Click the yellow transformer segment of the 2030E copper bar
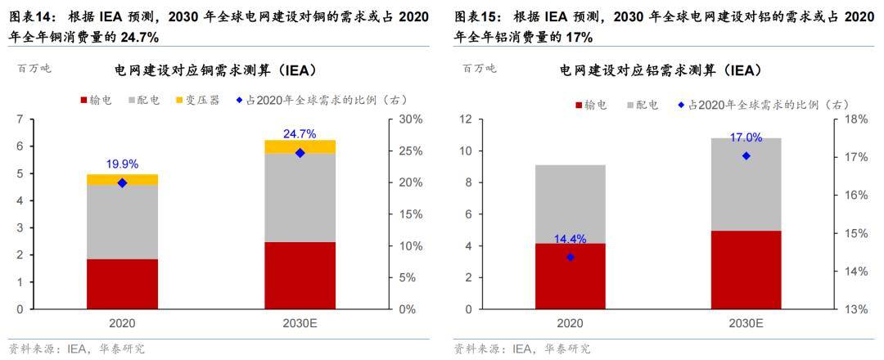[300, 146]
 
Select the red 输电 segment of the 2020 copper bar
[123, 284]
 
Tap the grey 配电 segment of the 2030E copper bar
[300, 197]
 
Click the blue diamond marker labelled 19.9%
[123, 183]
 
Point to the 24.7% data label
[300, 133]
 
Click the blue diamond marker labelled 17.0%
[746, 155]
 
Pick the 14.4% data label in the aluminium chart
[571, 240]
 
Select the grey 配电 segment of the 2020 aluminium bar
[571, 204]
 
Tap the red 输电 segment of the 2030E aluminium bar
[746, 270]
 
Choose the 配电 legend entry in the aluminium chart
[642, 105]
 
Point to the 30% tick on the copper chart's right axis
[410, 119]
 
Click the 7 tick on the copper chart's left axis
[19, 119]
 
